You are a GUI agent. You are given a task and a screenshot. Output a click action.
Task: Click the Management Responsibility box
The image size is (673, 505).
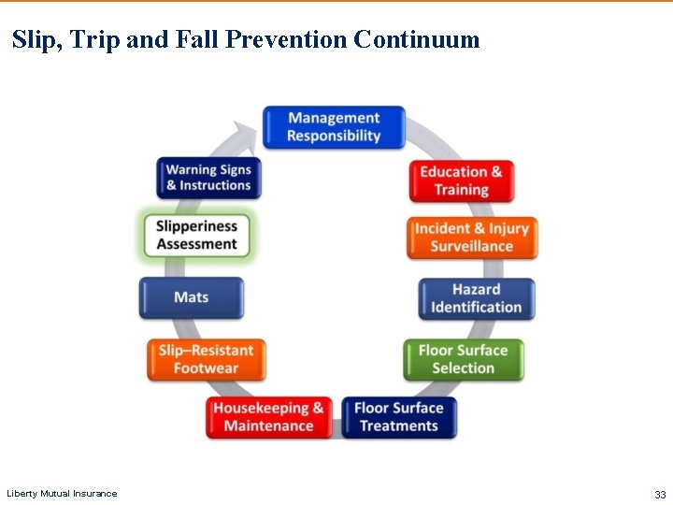click(x=334, y=127)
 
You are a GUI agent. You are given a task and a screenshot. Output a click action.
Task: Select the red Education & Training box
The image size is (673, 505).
click(x=461, y=180)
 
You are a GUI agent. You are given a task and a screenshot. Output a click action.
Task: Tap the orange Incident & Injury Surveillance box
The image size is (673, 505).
click(x=472, y=238)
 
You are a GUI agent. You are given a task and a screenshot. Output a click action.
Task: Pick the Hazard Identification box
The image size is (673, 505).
click(x=476, y=298)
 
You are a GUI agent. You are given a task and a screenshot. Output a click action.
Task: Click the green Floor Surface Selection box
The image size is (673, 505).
click(x=463, y=359)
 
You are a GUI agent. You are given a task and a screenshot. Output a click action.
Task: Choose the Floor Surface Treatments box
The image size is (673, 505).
click(x=398, y=417)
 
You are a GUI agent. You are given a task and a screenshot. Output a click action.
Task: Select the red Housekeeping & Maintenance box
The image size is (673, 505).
click(x=268, y=417)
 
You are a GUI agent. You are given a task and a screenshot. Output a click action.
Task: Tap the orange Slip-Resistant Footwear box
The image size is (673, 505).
click(x=206, y=359)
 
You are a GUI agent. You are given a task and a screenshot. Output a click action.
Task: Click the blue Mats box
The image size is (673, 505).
click(x=192, y=297)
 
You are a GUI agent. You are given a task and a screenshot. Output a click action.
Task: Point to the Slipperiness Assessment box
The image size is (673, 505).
click(x=197, y=235)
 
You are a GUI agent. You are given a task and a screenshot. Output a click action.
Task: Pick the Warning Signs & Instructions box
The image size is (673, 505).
click(x=208, y=178)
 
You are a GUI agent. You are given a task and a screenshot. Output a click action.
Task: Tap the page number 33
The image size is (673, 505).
click(x=660, y=494)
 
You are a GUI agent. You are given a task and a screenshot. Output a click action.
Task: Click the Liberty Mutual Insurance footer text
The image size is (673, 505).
click(x=62, y=494)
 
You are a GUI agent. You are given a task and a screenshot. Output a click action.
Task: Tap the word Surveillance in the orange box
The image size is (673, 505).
click(x=472, y=247)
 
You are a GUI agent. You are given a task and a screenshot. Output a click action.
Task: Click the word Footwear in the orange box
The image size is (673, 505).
click(x=206, y=368)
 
